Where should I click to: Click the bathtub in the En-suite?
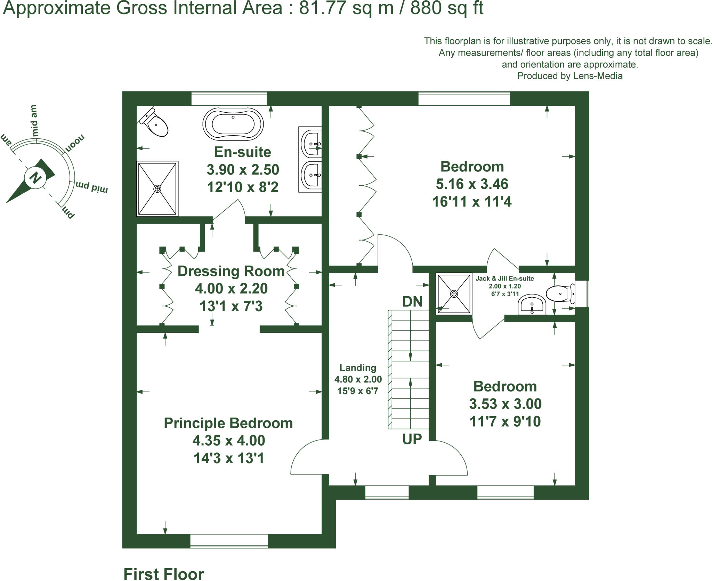coord(233,124)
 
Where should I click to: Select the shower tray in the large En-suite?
coord(157,188)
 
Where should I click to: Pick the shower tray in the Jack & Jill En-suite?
coord(454,294)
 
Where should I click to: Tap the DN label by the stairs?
coord(412,302)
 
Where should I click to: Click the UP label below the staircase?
coord(412,439)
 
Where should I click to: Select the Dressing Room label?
coord(231,271)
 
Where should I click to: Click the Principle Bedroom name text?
coord(228,423)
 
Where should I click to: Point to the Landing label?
coord(358,368)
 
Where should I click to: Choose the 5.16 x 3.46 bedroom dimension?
coord(472,184)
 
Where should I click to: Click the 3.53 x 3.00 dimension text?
coord(505,404)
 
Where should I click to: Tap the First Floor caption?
coord(164,574)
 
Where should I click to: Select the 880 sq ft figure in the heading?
coord(447,8)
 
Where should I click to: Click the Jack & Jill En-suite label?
coord(505,279)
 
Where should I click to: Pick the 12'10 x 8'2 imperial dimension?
coord(243,187)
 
